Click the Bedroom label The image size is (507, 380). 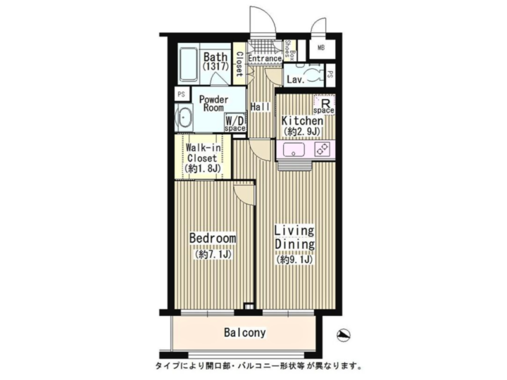pyautogui.click(x=213, y=238)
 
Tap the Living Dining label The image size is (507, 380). pyautogui.click(x=294, y=238)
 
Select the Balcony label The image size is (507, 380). pyautogui.click(x=245, y=332)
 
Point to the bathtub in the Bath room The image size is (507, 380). pyautogui.click(x=189, y=65)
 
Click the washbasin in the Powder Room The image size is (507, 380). pyautogui.click(x=184, y=118)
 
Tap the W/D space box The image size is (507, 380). pyautogui.click(x=235, y=122)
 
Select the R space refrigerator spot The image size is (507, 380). pyautogui.click(x=324, y=104)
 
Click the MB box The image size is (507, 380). pyautogui.click(x=321, y=48)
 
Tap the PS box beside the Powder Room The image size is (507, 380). pyautogui.click(x=182, y=94)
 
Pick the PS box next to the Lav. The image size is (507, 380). pyautogui.click(x=330, y=75)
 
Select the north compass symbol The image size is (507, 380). pyautogui.click(x=344, y=336)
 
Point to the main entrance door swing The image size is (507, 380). pyautogui.click(x=263, y=20)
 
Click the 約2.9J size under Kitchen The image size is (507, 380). pyautogui.click(x=302, y=132)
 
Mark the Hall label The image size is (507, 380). pyautogui.click(x=261, y=107)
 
